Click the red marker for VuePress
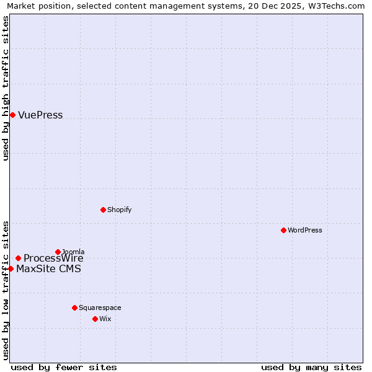pyautogui.click(x=12, y=115)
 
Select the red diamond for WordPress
pyautogui.click(x=283, y=230)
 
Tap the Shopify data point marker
pyautogui.click(x=103, y=210)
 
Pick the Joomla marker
pyautogui.click(x=58, y=252)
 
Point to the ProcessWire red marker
pyautogui.click(x=18, y=258)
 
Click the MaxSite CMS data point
pyautogui.click(x=11, y=268)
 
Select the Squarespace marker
pyautogui.click(x=74, y=308)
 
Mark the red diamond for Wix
pyautogui.click(x=95, y=319)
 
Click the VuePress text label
pyautogui.click(x=40, y=115)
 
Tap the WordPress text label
pyautogui.click(x=305, y=231)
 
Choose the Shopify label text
pyautogui.click(x=119, y=210)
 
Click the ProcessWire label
pyautogui.click(x=53, y=259)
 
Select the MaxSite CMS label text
pyautogui.click(x=48, y=269)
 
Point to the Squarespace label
pyautogui.click(x=100, y=308)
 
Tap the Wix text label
pyautogui.click(x=105, y=319)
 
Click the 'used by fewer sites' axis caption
pyautogui.click(x=64, y=367)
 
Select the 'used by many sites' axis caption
pyautogui.click(x=311, y=367)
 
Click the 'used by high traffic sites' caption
pyautogui.click(x=6, y=88)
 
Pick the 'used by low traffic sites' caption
pyautogui.click(x=6, y=290)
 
